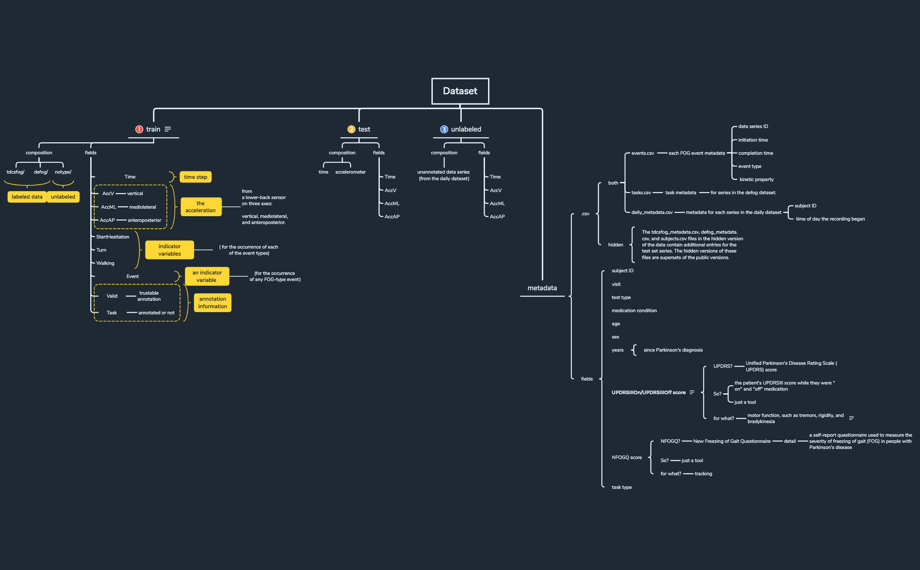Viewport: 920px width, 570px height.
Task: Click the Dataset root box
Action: (x=460, y=91)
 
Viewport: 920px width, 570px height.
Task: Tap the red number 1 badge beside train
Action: (x=139, y=129)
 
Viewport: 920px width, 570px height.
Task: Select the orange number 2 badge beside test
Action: (x=351, y=129)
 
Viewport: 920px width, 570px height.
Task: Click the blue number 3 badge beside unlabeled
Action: (x=444, y=129)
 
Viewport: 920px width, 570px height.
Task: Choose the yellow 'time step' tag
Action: (x=195, y=177)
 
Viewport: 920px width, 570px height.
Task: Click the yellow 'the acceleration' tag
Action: (x=201, y=207)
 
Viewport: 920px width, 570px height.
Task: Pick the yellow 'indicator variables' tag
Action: (x=170, y=250)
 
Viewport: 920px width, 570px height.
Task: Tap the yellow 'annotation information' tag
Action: (x=212, y=303)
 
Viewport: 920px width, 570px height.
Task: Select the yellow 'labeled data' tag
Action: (x=27, y=197)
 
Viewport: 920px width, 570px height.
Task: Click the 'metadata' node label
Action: (x=542, y=288)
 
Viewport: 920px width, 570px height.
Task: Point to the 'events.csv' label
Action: (x=643, y=153)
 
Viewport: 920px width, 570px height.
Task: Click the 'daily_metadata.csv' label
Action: (x=652, y=212)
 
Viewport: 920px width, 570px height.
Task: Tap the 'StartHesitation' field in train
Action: (x=113, y=237)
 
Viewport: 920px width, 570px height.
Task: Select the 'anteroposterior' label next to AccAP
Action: (x=145, y=220)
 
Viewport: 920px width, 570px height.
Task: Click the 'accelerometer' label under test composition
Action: (x=350, y=172)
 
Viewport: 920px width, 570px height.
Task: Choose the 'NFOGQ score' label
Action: (x=626, y=457)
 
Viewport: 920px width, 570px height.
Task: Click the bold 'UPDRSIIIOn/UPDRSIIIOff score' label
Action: (x=648, y=392)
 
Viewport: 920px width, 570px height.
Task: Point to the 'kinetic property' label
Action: (x=757, y=179)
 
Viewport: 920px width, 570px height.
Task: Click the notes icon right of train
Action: (x=168, y=129)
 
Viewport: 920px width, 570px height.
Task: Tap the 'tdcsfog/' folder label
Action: (x=16, y=172)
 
